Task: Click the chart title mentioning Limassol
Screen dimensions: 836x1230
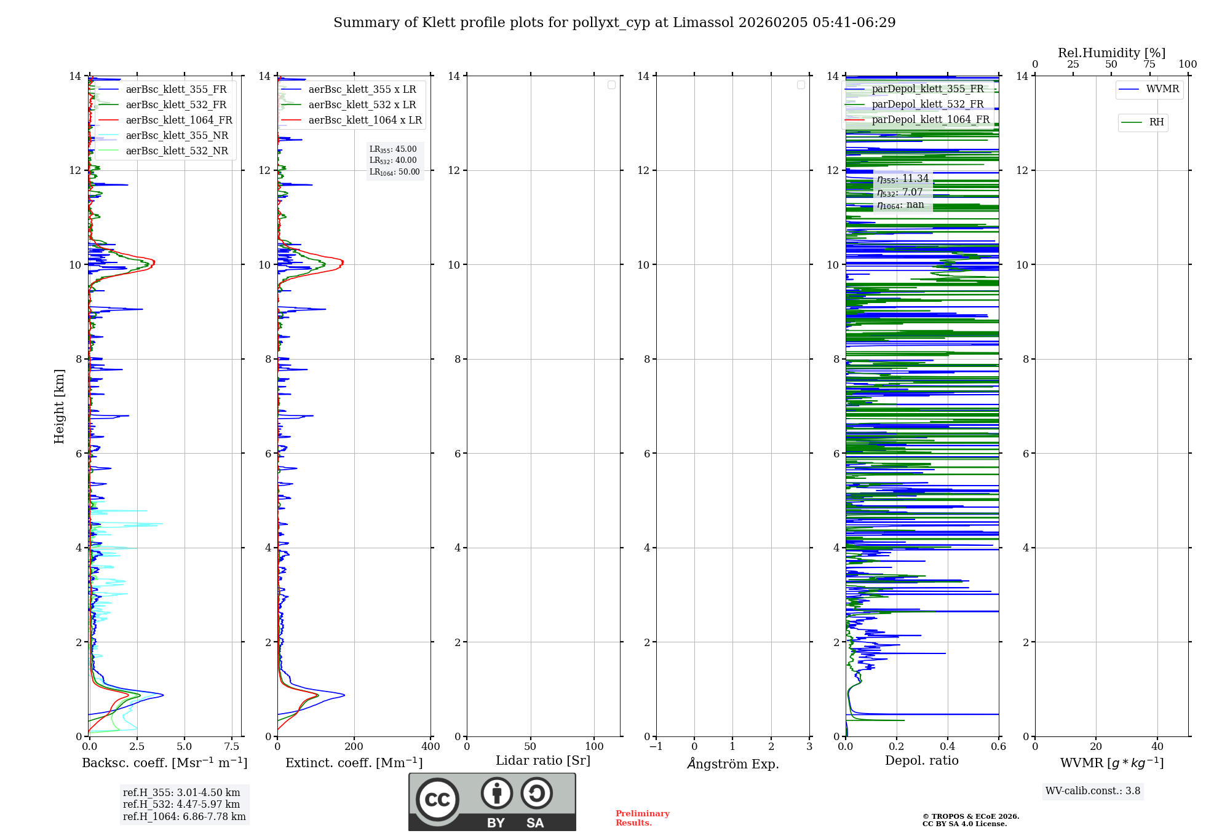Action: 614,23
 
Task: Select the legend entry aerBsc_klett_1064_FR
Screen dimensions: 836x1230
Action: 178,120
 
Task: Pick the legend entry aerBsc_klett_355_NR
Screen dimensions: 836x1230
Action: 177,136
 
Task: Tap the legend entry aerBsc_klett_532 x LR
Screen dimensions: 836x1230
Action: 362,105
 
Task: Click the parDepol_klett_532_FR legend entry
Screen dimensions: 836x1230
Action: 927,104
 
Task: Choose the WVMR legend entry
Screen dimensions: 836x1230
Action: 1162,89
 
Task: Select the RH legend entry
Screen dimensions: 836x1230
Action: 1156,122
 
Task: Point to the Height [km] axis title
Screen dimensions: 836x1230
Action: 59,406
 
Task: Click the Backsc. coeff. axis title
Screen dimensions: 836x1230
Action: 165,763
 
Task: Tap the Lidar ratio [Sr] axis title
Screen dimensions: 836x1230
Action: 543,761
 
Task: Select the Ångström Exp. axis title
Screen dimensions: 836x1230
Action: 732,764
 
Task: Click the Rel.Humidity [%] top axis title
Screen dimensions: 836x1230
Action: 1111,53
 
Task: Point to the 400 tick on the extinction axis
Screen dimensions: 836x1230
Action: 430,747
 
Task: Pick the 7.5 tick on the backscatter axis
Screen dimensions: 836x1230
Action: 232,747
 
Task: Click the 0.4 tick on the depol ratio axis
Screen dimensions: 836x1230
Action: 948,747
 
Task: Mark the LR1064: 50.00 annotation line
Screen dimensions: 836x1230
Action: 394,172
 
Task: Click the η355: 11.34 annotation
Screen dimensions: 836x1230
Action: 903,179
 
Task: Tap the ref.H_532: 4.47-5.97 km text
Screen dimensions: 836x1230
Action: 181,805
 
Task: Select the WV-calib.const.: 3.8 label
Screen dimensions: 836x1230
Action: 1093,791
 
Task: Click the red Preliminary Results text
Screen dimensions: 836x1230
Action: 642,818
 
